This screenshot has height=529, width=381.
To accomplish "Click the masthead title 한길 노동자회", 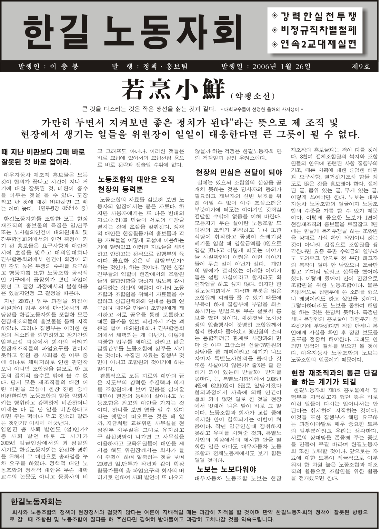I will pyautogui.click(x=133, y=32).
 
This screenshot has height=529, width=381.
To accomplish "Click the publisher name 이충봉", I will pyautogui.click(x=65, y=67).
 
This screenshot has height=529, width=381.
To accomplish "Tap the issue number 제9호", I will pyautogui.click(x=361, y=67).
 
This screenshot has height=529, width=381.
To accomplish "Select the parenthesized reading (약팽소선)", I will pyautogui.click(x=252, y=96).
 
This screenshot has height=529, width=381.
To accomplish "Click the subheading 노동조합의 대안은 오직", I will pyautogui.click(x=136, y=179).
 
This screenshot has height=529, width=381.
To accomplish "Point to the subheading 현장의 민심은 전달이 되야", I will pyautogui.click(x=239, y=173).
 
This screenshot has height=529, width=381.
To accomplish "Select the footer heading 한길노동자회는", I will pyautogui.click(x=36, y=502).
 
